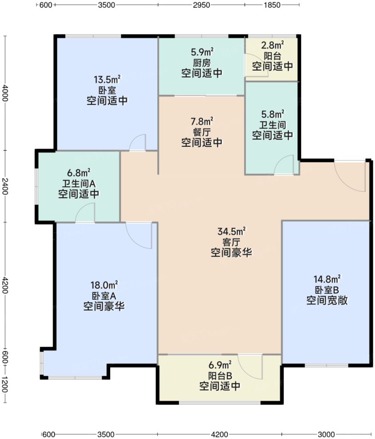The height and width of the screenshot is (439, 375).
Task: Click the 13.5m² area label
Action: [x=107, y=80]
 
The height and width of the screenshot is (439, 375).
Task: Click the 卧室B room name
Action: [x=326, y=290]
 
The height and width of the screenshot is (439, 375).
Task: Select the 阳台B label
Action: [x=220, y=376]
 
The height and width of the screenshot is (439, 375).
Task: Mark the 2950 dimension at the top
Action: [x=201, y=5]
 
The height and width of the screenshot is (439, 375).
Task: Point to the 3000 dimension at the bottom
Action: [x=326, y=434]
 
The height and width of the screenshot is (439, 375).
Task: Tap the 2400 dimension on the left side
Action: [x=5, y=186]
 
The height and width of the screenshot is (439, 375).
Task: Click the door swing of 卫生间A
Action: [x=85, y=213]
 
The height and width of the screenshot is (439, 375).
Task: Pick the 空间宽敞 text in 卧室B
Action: [x=326, y=301]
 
